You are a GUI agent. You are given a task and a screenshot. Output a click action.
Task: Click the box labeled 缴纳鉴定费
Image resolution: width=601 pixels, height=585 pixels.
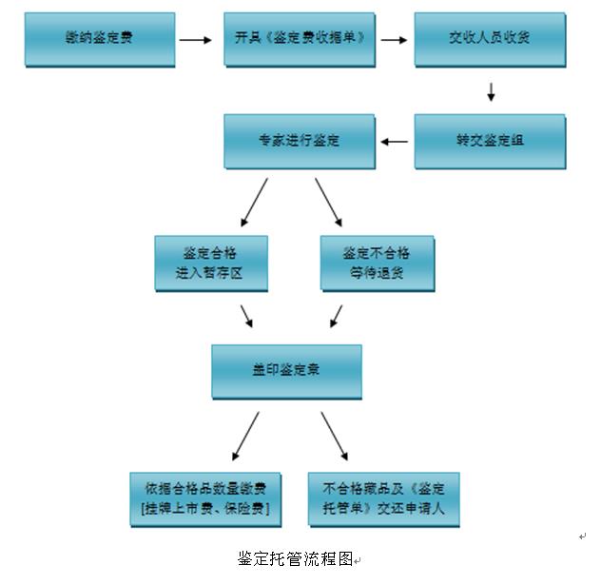[100, 39]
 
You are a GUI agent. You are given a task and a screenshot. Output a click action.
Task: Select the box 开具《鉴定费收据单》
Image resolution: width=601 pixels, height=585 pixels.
[299, 39]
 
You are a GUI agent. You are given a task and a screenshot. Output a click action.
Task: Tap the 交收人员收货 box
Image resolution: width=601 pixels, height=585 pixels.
[490, 39]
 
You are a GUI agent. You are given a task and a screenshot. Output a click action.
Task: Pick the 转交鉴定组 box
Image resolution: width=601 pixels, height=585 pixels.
[490, 141]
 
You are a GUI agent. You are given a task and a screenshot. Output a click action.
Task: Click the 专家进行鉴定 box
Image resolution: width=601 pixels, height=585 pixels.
[299, 141]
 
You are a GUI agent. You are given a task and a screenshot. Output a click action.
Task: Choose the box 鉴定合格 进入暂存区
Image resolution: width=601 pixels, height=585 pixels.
[211, 263]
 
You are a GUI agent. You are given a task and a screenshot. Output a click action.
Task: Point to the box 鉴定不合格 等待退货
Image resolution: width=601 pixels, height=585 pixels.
[377, 263]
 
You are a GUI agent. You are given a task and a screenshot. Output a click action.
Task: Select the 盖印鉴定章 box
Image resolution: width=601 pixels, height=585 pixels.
[286, 371]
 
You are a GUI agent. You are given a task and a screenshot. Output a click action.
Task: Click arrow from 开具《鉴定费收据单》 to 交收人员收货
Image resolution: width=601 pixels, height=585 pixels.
[394, 40]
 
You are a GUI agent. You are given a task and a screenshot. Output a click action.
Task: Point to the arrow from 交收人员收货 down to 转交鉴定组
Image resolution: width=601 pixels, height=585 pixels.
[492, 91]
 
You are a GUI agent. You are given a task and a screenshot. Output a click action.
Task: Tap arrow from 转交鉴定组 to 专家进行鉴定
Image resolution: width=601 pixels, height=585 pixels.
[395, 142]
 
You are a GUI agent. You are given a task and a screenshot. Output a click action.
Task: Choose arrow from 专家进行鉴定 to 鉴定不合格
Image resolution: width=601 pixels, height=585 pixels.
[329, 201]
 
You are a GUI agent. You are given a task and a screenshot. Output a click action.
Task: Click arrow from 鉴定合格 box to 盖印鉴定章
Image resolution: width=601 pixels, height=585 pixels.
[246, 316]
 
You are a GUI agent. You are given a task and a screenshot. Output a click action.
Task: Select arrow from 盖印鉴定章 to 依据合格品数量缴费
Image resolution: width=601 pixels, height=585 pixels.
[245, 436]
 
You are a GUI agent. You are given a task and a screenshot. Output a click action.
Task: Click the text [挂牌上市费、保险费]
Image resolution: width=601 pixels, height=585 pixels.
[204, 509]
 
